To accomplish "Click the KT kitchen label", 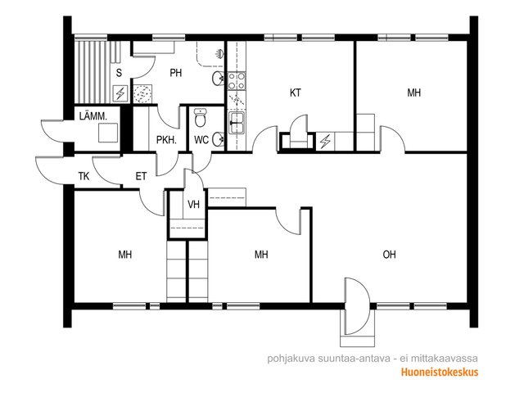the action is point(295,93).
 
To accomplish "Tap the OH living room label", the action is point(390,255).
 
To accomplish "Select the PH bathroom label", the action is point(176,73).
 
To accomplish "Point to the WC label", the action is point(201,140).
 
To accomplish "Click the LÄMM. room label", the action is point(93,116).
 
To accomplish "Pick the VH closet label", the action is point(193,204).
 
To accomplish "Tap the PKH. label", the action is point(166,140).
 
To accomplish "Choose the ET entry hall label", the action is point(141,176).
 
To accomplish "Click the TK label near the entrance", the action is point(84,176).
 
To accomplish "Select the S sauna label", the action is point(119,73).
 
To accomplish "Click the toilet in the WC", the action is point(200,118).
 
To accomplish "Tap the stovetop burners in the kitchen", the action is point(237,81).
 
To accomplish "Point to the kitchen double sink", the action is point(237,123).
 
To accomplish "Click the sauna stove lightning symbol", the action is point(120,93).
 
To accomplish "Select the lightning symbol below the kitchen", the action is point(324,142).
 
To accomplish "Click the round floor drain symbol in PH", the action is point(143,93).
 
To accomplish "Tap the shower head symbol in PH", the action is point(219,53).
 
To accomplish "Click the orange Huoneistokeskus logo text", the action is point(440,372).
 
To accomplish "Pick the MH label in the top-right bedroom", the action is point(413,93).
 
